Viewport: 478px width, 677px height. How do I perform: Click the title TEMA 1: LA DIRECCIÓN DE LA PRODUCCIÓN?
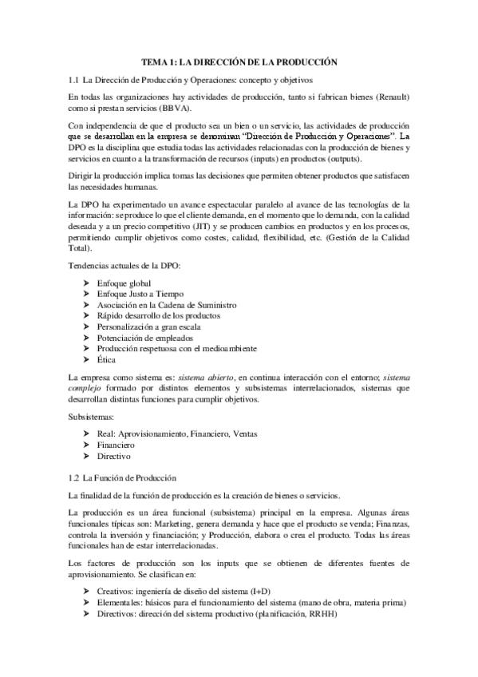(239, 61)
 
